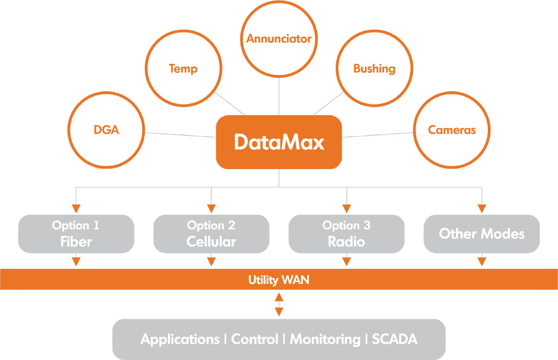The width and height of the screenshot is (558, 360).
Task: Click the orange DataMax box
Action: point(279,142)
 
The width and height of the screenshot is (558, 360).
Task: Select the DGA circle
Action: point(106,130)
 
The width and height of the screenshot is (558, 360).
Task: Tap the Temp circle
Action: point(183,68)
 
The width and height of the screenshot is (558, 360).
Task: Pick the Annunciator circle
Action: point(279,39)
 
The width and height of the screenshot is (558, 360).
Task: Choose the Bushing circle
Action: point(374,68)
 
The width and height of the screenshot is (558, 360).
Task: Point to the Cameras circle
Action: point(452,130)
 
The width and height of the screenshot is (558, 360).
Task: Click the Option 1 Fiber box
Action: point(76,234)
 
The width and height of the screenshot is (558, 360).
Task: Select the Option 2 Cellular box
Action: point(211,234)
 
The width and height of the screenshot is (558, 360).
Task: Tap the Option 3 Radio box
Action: point(346,234)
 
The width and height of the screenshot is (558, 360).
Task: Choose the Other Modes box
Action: point(482,234)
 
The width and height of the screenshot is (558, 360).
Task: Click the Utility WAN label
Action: point(279,280)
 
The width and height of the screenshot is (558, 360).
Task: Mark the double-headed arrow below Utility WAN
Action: point(279,304)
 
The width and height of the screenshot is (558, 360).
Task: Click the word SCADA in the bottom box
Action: point(394,339)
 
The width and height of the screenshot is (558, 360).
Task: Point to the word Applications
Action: point(180,339)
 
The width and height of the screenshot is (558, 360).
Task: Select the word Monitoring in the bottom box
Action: point(325,339)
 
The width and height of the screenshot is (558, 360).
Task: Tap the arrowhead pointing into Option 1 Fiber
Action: point(76,209)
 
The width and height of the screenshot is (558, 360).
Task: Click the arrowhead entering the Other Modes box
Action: point(482,209)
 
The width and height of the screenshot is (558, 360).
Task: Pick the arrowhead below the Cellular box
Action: point(211,261)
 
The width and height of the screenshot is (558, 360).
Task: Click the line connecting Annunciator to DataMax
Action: point(279,96)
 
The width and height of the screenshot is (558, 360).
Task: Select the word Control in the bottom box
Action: point(254,339)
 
